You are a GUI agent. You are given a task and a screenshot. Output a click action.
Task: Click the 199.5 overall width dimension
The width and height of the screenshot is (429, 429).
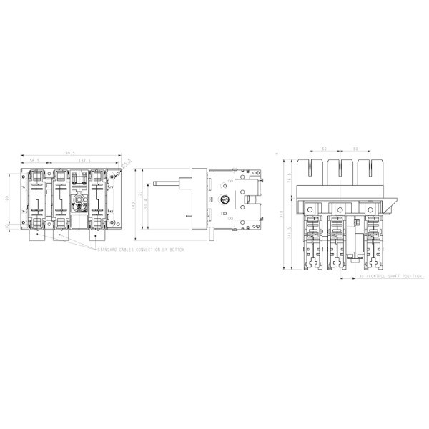pyautogui.click(x=69, y=153)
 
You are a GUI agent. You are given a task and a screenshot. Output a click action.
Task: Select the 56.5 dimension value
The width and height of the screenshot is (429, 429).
pyautogui.click(x=34, y=162)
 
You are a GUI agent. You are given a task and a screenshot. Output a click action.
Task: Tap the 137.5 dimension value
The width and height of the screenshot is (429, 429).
pyautogui.click(x=88, y=162)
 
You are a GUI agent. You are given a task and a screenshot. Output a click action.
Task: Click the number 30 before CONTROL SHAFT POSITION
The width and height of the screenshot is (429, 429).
pyautogui.click(x=363, y=276)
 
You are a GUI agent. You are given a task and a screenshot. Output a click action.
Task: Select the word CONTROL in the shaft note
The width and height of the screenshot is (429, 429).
pyautogui.click(x=378, y=276)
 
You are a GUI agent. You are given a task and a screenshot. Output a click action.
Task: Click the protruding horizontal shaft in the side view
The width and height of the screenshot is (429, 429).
pyautogui.click(x=175, y=184)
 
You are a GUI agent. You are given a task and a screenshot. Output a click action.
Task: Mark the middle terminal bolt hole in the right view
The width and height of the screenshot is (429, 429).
pyautogui.click(x=335, y=209)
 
